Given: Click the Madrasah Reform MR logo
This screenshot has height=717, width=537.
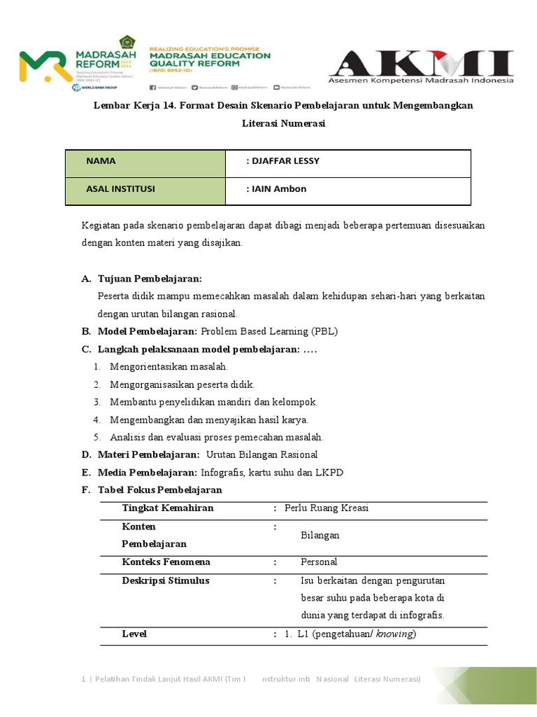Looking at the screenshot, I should [x=43, y=66].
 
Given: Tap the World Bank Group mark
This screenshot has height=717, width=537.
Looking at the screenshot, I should [x=87, y=88].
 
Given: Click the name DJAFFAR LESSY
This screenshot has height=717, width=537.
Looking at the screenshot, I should [x=282, y=161].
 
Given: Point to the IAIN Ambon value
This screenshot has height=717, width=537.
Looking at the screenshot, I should [x=276, y=189].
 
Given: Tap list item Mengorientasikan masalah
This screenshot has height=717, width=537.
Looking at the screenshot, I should [x=169, y=366].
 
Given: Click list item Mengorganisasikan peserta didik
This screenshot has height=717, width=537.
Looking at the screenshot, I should [x=182, y=384].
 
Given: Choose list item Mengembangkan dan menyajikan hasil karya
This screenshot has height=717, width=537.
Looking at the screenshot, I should [x=208, y=419].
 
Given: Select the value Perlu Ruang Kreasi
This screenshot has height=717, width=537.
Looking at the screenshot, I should [x=327, y=508].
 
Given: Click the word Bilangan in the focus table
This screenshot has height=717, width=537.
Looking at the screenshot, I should [x=320, y=535].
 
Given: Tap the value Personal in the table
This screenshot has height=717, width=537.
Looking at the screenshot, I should [x=319, y=562].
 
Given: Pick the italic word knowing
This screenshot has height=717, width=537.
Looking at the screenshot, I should [x=394, y=634].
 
